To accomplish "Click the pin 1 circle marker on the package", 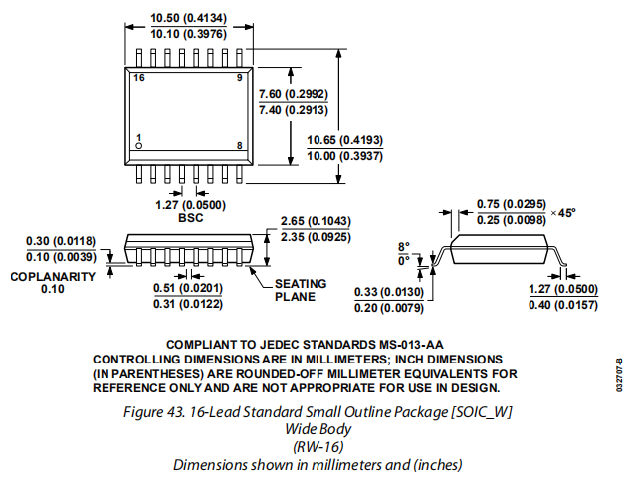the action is point(138,146).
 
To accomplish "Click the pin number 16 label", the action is point(139,78).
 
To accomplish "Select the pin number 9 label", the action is point(239,77).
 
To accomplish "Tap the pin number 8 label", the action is point(239,146).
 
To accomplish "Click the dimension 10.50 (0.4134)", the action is point(188,18).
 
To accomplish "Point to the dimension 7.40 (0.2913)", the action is point(294,110).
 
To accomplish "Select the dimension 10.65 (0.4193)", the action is point(344,140).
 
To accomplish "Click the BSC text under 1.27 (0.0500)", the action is point(191,218).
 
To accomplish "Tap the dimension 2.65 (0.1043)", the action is point(316,221).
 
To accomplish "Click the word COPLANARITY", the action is point(53,277).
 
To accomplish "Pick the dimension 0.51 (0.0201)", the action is point(188,288).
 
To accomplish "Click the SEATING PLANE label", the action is point(301,290).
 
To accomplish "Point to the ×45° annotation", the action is point(563,213).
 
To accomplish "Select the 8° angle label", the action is point(404,247).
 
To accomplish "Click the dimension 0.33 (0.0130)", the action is point(389,292).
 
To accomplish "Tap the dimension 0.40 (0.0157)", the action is point(563,305).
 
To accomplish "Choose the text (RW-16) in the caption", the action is point(318,447).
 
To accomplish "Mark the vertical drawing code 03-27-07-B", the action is point(619,374).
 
